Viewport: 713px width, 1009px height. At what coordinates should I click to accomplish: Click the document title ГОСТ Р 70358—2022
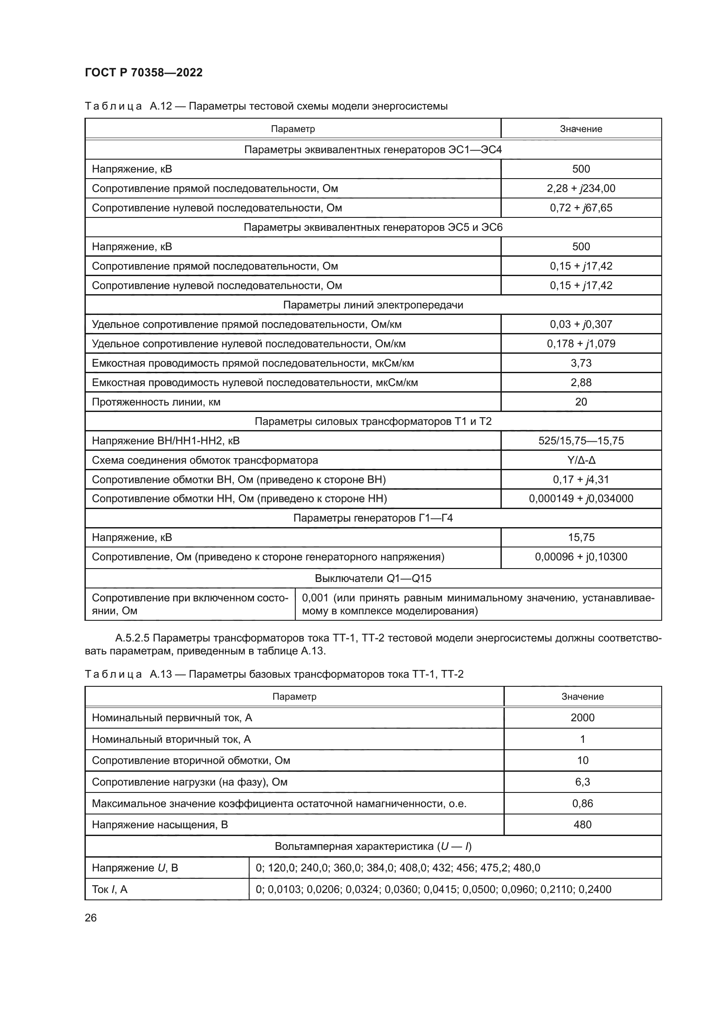tap(144, 72)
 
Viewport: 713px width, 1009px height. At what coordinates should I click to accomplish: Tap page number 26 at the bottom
tap(91, 918)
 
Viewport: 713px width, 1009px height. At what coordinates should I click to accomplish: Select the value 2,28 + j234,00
tap(581, 189)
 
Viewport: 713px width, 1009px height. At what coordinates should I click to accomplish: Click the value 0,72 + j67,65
tap(581, 208)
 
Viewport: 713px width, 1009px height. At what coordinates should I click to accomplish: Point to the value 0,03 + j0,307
tap(581, 324)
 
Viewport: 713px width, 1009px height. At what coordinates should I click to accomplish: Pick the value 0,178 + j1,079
tap(581, 344)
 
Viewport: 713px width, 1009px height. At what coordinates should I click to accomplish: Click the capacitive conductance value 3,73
tap(581, 363)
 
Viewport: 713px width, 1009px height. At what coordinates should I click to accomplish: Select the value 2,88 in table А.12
tap(581, 382)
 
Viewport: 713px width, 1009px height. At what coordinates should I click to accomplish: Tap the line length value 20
tap(581, 402)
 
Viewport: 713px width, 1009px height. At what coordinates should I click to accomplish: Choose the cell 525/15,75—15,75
tap(581, 441)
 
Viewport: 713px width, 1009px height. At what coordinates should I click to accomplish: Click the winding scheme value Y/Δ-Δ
tap(581, 460)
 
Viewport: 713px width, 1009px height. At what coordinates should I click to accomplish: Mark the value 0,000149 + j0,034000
tap(581, 499)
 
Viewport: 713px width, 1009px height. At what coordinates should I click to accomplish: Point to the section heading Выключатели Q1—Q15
tap(373, 578)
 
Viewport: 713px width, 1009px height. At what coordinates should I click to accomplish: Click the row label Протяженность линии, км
tap(156, 402)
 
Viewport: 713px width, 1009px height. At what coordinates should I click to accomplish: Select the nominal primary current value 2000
tap(582, 718)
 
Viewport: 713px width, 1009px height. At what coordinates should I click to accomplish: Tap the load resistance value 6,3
tap(582, 782)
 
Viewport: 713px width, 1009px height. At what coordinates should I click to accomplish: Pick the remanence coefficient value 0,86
tap(582, 804)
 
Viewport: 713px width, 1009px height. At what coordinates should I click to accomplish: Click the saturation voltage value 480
tap(582, 825)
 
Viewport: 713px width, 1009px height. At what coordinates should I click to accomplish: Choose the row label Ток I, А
tap(109, 890)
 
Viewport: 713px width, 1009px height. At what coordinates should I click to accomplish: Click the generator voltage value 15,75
tap(581, 538)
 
